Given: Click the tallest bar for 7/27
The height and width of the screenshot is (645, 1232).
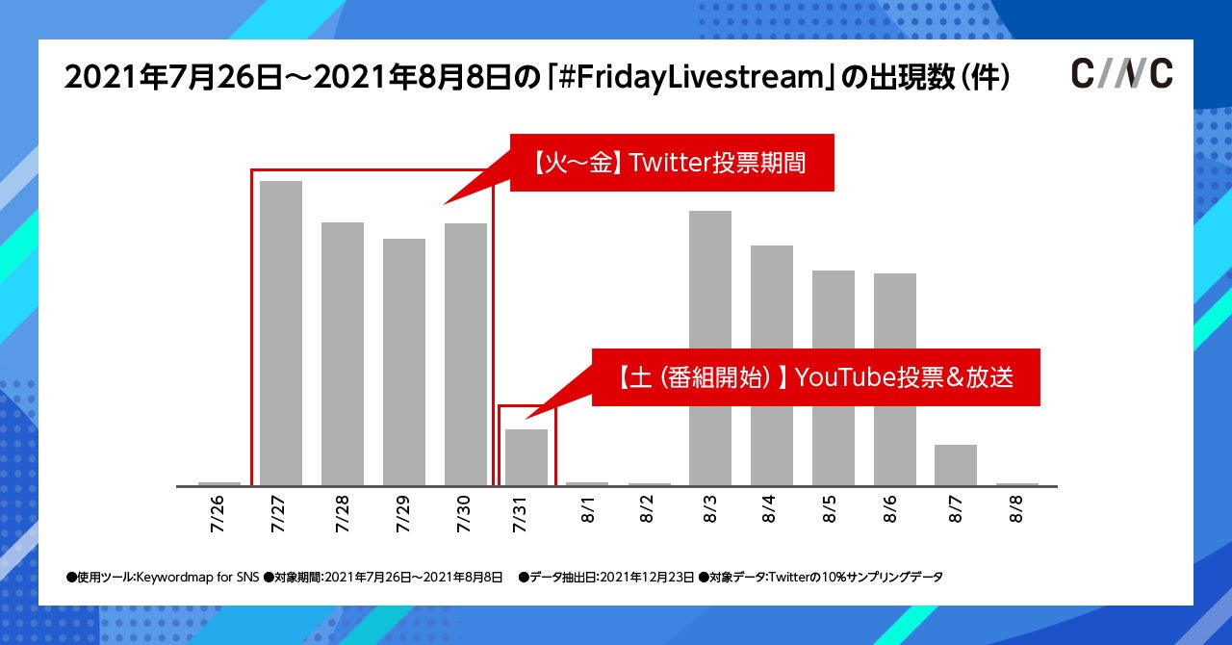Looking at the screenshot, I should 281,332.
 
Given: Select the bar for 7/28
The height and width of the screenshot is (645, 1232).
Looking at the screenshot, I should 343,353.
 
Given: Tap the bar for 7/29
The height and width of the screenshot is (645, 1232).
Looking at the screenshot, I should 404,361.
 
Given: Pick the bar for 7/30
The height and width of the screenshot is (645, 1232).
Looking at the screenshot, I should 466,353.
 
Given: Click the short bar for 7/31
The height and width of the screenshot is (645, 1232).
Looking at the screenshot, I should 526,457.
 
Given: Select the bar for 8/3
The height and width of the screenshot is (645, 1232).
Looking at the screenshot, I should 710,348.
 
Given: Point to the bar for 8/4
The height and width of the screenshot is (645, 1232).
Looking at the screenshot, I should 772,365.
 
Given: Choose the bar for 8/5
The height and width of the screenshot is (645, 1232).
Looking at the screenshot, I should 834,377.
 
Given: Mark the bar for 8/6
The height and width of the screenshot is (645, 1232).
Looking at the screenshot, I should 895,379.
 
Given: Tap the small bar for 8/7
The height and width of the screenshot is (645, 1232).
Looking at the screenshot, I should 956,465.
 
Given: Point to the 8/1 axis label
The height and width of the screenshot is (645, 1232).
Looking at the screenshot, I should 588,511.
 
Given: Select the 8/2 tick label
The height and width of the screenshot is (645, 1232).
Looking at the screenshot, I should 650,511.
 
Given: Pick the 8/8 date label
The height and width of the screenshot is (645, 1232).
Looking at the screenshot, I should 1017,511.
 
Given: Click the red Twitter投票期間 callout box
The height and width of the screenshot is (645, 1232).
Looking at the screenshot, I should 671,163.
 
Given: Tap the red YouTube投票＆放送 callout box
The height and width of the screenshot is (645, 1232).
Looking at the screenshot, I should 815,376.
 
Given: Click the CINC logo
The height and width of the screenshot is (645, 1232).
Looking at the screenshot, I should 1122,74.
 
